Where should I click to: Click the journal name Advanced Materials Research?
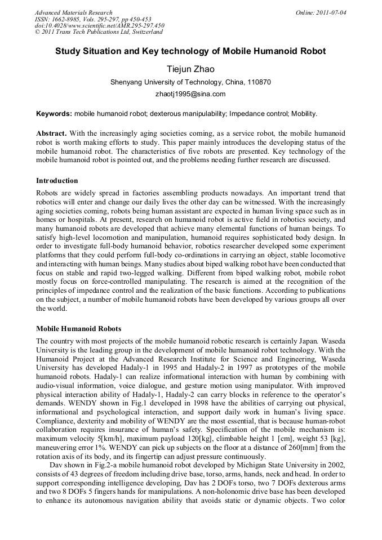coord(73,12)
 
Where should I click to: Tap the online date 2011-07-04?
coord(330,12)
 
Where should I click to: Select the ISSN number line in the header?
coord(83,19)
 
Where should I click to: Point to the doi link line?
coord(99,25)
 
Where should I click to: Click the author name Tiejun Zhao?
coord(190,69)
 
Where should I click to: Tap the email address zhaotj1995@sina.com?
coord(190,94)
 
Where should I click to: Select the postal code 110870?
coord(259,82)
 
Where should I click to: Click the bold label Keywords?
coord(54,114)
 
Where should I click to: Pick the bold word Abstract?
coord(51,134)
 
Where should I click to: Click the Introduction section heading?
coord(57,181)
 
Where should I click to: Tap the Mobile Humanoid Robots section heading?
coord(78,328)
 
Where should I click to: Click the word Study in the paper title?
coord(68,51)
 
